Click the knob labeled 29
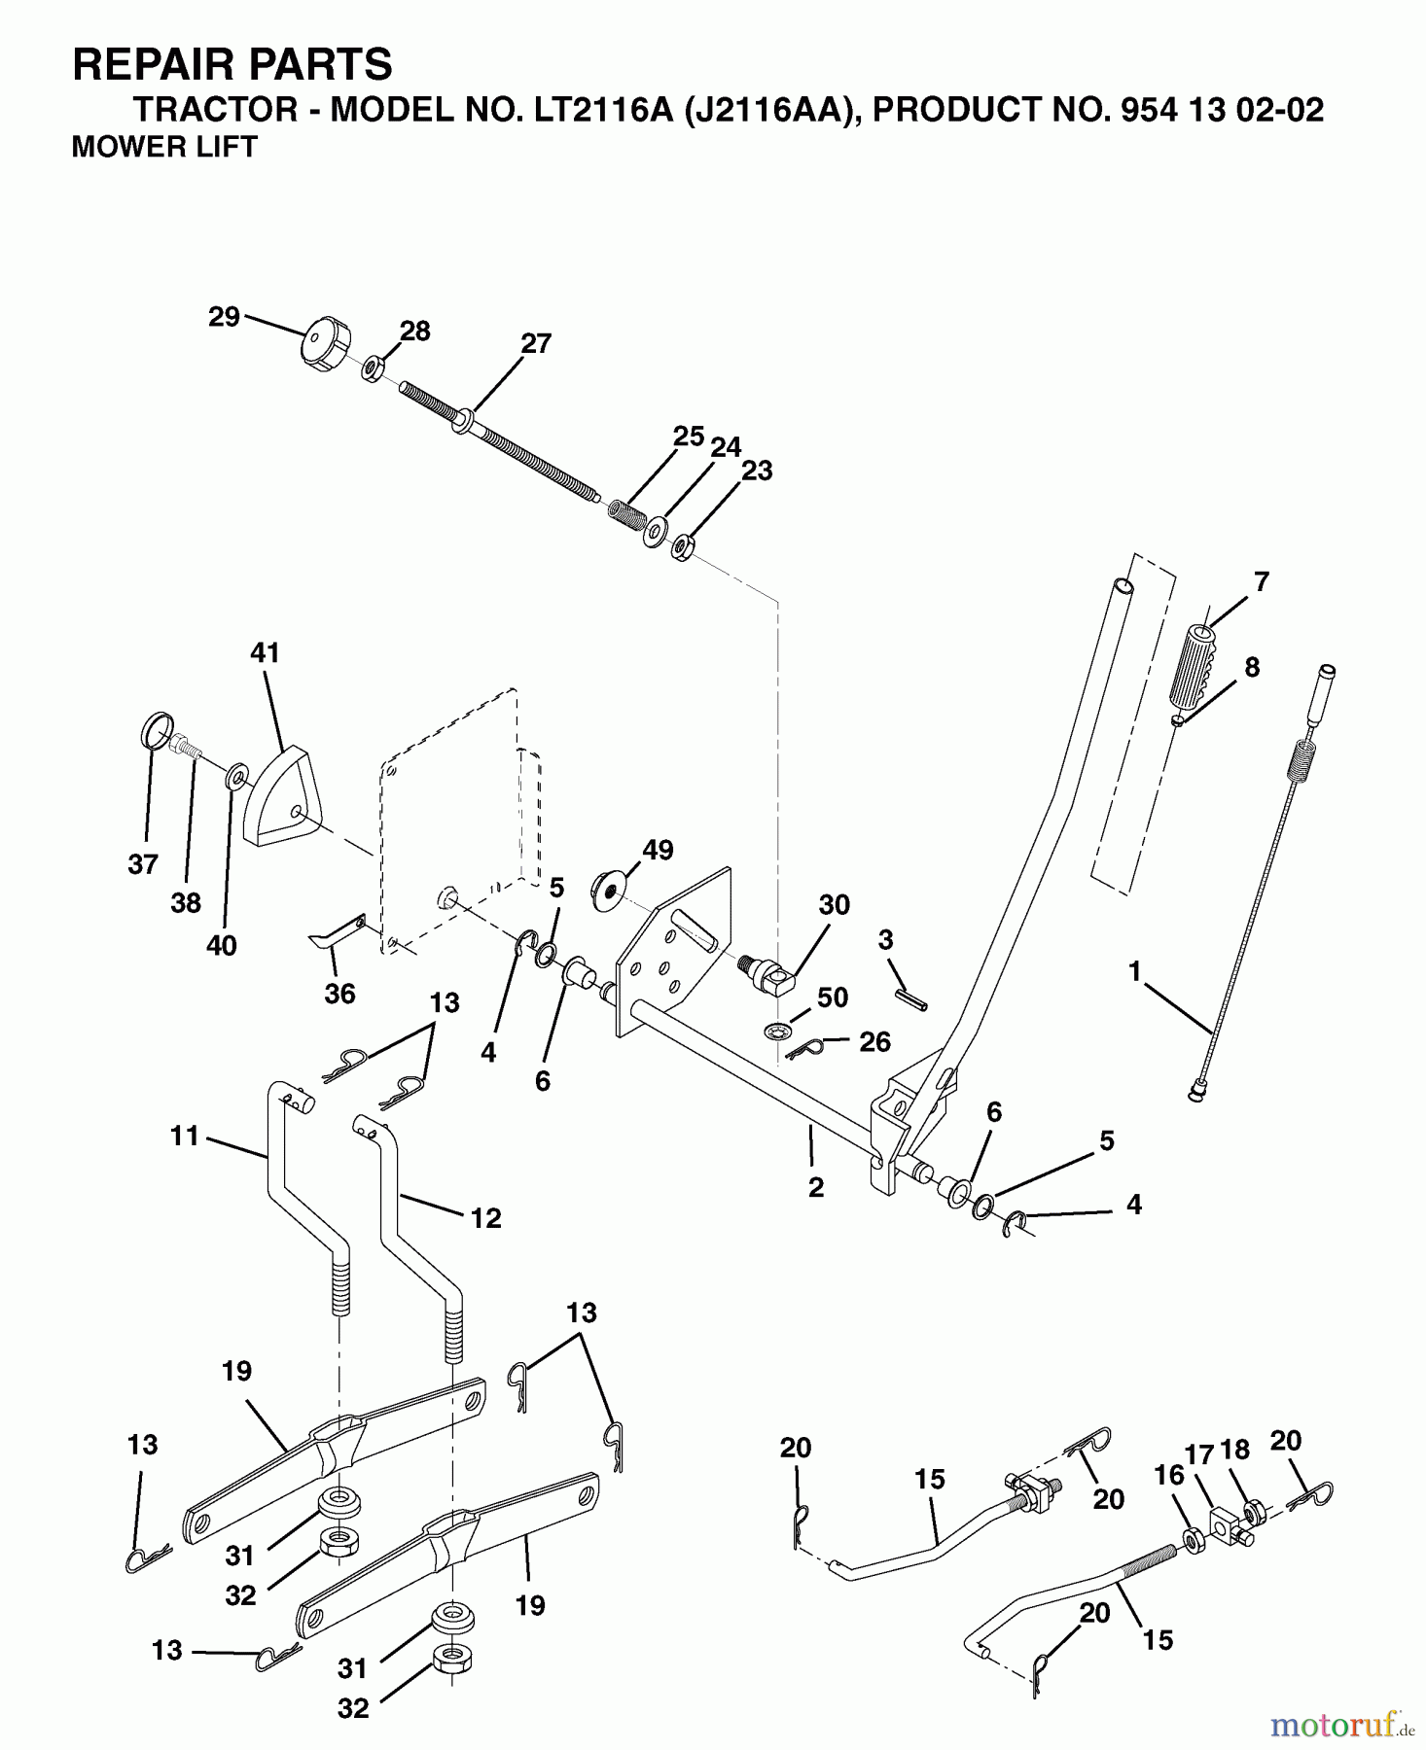coord(321,344)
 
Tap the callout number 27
coord(536,343)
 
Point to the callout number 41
coord(265,652)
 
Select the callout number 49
coord(658,850)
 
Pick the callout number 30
coord(834,904)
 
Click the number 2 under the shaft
coord(815,1186)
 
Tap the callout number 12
coord(485,1217)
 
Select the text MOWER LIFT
coord(164,147)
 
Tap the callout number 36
coord(339,993)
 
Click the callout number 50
coord(833,997)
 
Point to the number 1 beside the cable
coord(1134,969)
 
